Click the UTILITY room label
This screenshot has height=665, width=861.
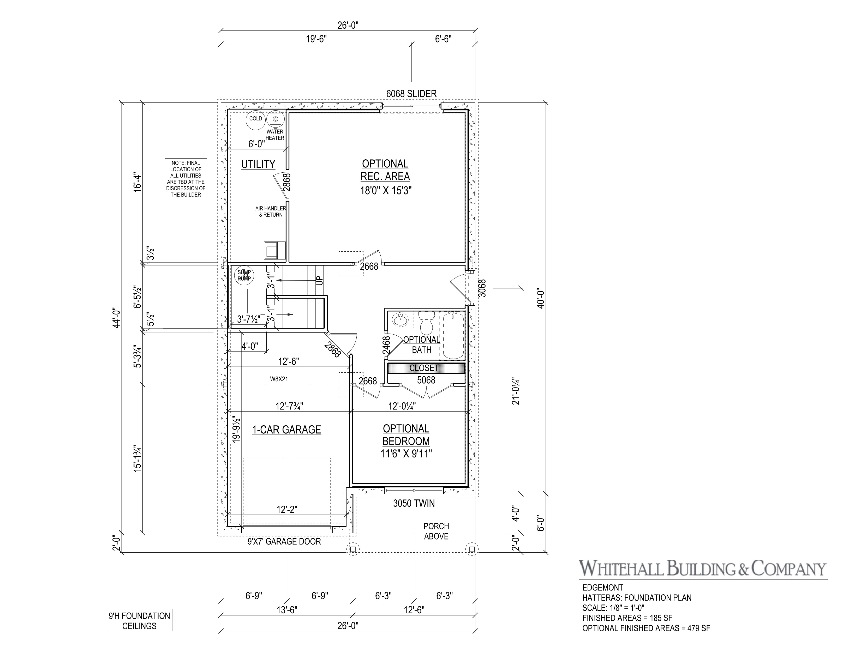click(258, 164)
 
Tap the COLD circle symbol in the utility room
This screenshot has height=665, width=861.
click(255, 119)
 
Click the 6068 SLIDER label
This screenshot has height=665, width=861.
click(411, 94)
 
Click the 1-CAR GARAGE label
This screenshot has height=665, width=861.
click(286, 430)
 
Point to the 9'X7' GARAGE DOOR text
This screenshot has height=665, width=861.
click(284, 542)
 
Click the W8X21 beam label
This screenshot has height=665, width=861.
click(278, 379)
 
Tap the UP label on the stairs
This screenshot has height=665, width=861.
click(320, 280)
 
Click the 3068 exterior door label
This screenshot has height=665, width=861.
click(482, 288)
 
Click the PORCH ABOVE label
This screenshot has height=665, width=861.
click(436, 531)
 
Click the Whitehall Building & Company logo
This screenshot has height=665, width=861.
click(702, 569)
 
